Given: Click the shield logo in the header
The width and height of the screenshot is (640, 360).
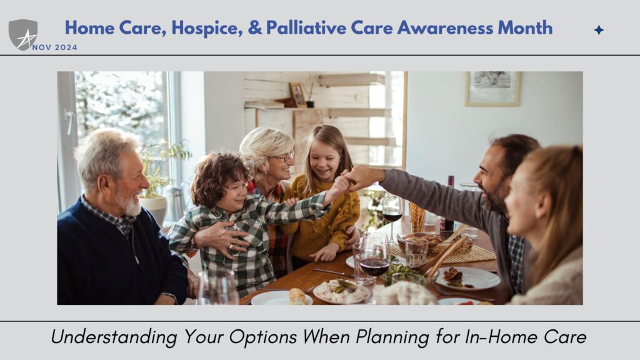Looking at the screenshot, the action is coord(23,35).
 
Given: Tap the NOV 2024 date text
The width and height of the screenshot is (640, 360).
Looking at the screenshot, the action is coord(55,47).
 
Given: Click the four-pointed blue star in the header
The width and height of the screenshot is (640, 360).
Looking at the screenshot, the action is coord(599,30).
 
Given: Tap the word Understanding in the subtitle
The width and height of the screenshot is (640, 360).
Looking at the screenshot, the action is coord(114,337).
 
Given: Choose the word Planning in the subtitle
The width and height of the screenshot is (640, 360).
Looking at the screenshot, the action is coord(392,337).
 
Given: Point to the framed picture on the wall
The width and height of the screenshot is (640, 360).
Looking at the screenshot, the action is coord(492,89).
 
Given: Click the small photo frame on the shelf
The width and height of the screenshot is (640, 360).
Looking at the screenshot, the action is coord(297,95).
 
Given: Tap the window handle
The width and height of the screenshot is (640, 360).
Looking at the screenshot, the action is coord(70,122).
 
